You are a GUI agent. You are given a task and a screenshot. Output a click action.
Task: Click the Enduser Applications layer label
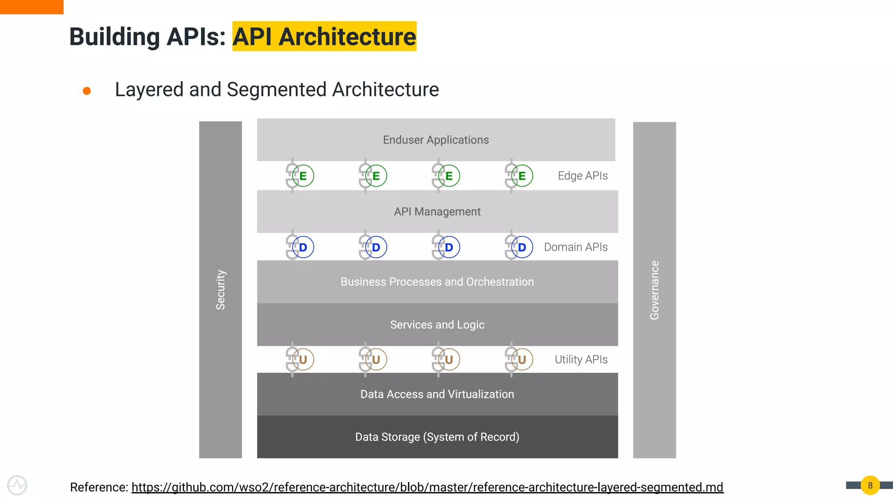436,140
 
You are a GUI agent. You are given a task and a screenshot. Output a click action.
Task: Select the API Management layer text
437,212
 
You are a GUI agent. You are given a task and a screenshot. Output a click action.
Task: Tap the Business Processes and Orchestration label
437,282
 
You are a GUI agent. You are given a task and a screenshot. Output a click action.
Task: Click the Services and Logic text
437,324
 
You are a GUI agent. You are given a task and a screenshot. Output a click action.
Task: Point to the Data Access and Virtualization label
437,394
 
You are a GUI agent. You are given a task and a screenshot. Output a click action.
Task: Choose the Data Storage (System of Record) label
437,437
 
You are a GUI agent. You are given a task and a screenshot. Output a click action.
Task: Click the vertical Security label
221,290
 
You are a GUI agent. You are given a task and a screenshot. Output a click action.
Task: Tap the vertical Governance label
654,290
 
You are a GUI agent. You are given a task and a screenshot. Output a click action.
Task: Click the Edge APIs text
583,176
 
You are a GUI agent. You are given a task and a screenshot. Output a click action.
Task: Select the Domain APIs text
576,247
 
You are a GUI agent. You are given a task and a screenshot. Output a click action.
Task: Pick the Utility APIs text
581,359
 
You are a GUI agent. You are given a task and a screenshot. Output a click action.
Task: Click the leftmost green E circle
303,176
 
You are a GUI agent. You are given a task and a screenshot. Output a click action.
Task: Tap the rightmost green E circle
522,176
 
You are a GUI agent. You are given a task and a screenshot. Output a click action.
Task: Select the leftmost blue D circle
303,247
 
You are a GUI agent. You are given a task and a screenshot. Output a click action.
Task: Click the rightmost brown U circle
522,359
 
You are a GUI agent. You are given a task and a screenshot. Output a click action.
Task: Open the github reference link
427,487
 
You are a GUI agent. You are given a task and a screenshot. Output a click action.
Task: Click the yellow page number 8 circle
870,485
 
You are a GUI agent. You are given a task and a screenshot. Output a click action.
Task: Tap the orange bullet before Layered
87,91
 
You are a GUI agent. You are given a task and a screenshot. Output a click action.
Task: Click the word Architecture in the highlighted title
347,37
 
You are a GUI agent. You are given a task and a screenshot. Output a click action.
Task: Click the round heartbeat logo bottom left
17,485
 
